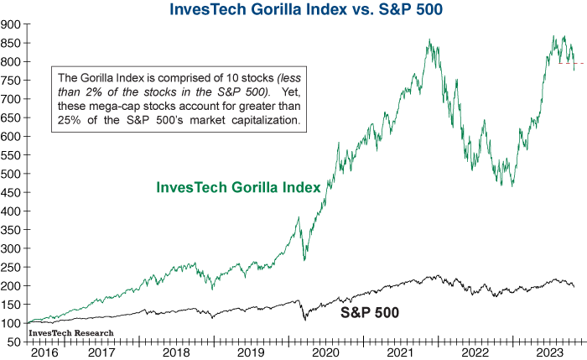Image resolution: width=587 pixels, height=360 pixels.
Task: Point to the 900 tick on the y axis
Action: click(11, 24)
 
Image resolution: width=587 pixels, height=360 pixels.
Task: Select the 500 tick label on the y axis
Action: click(11, 174)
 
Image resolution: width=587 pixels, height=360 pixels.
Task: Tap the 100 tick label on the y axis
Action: click(11, 323)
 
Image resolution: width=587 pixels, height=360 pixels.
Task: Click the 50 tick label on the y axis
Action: click(13, 342)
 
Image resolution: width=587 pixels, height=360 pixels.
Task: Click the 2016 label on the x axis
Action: click(42, 353)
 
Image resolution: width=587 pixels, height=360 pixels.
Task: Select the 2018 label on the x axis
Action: click(178, 353)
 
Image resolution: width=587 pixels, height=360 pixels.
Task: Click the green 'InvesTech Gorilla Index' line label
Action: click(239, 187)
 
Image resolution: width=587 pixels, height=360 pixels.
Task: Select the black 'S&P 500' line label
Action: click(368, 313)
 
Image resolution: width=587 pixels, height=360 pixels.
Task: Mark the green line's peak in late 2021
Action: click(429, 39)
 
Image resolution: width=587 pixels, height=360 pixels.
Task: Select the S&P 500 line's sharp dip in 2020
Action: click(304, 320)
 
